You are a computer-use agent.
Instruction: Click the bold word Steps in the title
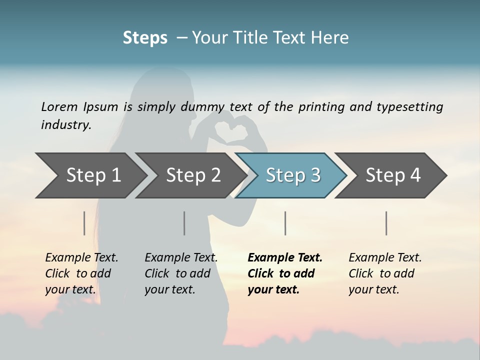[145, 38]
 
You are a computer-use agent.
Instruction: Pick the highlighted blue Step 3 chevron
[292, 175]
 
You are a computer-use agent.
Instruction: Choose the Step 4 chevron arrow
[392, 175]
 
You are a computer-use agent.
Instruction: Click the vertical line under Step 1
[84, 223]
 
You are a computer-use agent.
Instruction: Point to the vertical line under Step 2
[184, 223]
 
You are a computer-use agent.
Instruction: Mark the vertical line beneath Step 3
[285, 223]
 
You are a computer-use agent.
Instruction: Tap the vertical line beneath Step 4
[386, 223]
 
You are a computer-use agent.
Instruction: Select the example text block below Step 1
[81, 273]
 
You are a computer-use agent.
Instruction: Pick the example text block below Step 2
[180, 273]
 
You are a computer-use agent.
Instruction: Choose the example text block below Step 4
[384, 273]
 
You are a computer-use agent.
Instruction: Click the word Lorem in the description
[59, 107]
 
